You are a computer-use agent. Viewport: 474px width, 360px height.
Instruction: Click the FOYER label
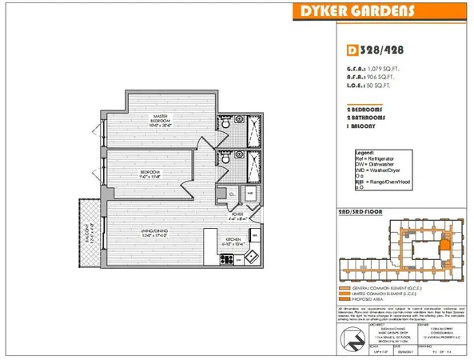(x=238, y=214)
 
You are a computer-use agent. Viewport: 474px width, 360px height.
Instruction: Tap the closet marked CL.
(x=232, y=194)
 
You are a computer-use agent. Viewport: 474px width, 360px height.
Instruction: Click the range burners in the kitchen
(x=226, y=258)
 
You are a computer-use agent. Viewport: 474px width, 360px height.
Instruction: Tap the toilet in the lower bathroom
(x=227, y=159)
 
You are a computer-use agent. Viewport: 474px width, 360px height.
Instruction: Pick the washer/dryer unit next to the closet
(x=250, y=194)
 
